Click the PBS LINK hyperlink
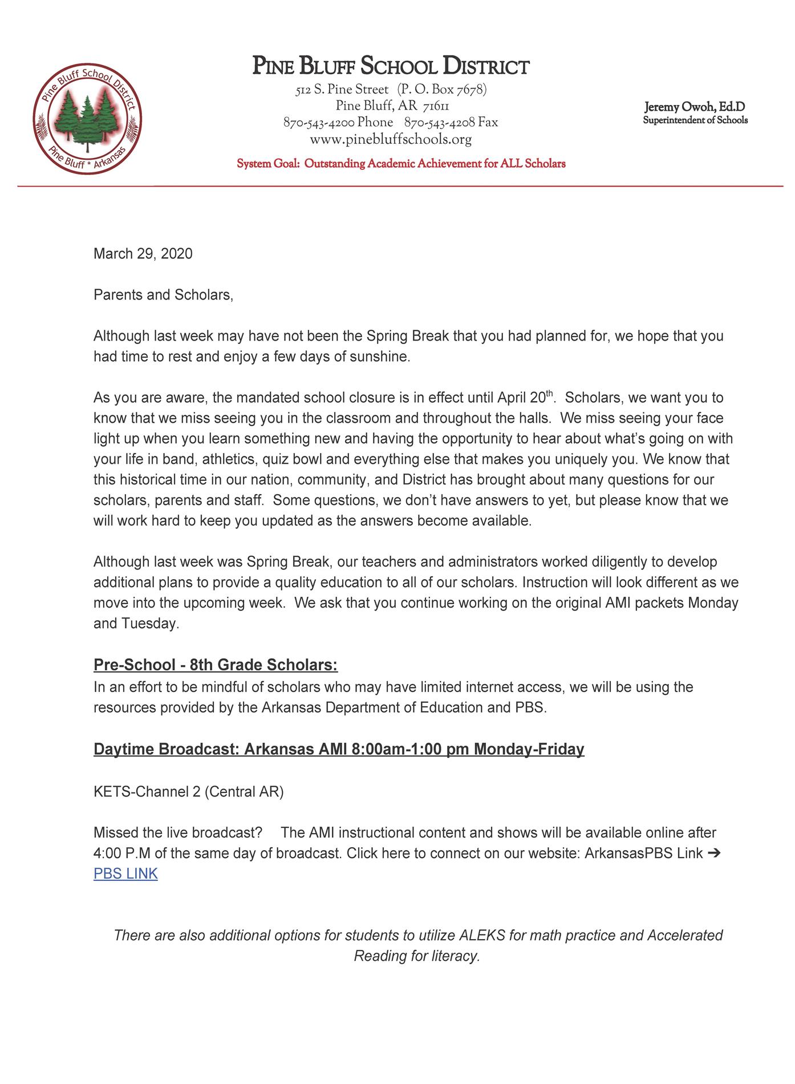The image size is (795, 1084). [125, 873]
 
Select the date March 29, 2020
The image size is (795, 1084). [143, 253]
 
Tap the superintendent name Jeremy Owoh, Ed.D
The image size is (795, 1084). [695, 107]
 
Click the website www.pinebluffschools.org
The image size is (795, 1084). [391, 139]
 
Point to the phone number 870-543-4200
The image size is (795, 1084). [319, 123]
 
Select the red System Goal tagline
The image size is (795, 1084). [401, 164]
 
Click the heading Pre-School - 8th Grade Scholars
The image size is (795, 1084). [216, 665]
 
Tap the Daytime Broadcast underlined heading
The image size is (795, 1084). [339, 749]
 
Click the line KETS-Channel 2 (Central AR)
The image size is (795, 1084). [188, 792]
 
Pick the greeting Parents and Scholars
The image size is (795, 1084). [163, 295]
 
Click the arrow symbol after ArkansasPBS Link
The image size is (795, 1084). [713, 854]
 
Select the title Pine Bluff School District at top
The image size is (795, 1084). [391, 67]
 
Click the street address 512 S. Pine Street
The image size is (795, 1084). [342, 90]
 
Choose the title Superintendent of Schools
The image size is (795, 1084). [695, 120]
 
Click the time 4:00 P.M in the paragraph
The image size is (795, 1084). [120, 854]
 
